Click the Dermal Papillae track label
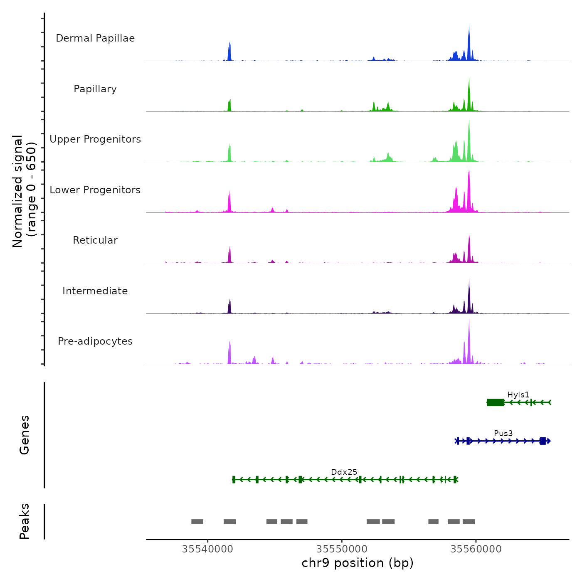pos(95,38)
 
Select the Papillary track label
pos(95,89)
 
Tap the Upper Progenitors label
pos(95,139)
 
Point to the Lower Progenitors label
pos(95,190)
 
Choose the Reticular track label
pos(95,240)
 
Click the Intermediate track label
pos(95,291)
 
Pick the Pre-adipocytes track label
pos(95,341)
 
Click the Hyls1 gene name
pos(518,395)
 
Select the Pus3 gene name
pos(503,433)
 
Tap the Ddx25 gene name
pos(344,472)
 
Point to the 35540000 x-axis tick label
pos(207,549)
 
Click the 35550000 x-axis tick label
pos(342,549)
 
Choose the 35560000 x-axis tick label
pos(476,549)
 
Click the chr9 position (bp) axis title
pos(358,563)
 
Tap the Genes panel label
pos(25,435)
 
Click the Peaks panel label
pos(25,521)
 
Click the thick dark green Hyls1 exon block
pos(496,402)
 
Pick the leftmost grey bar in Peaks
pos(197,522)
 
